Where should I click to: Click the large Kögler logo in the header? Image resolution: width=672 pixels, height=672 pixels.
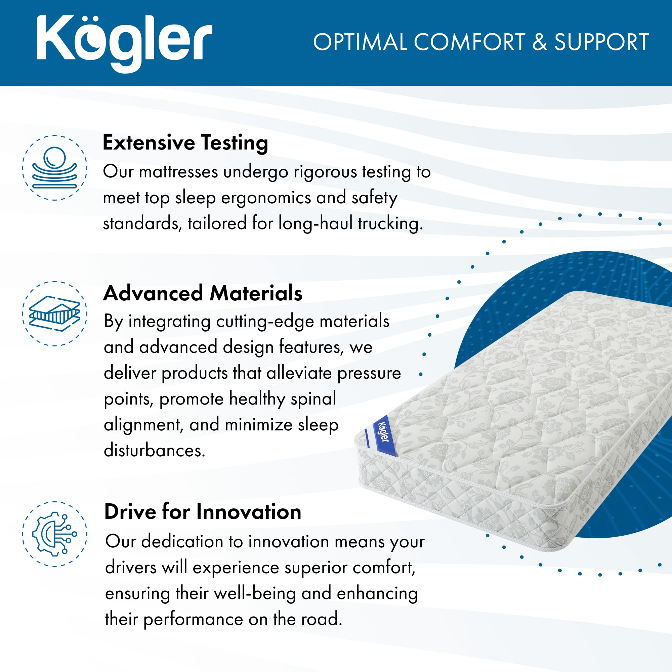coord(124,43)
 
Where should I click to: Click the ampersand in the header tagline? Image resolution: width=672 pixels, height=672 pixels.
coord(540,42)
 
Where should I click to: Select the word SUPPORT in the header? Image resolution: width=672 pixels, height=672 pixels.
coord(601,42)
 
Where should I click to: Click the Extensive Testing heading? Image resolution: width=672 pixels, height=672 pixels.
coord(185,143)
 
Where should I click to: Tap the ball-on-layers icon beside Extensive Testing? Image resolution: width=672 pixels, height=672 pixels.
coord(55,168)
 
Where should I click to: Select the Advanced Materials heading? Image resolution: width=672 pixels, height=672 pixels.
coord(203,293)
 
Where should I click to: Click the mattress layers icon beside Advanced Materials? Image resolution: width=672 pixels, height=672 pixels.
coord(55,313)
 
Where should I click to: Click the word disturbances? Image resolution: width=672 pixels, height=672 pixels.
coord(155,451)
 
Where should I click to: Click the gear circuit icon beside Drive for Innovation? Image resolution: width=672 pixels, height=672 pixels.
coord(55,534)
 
